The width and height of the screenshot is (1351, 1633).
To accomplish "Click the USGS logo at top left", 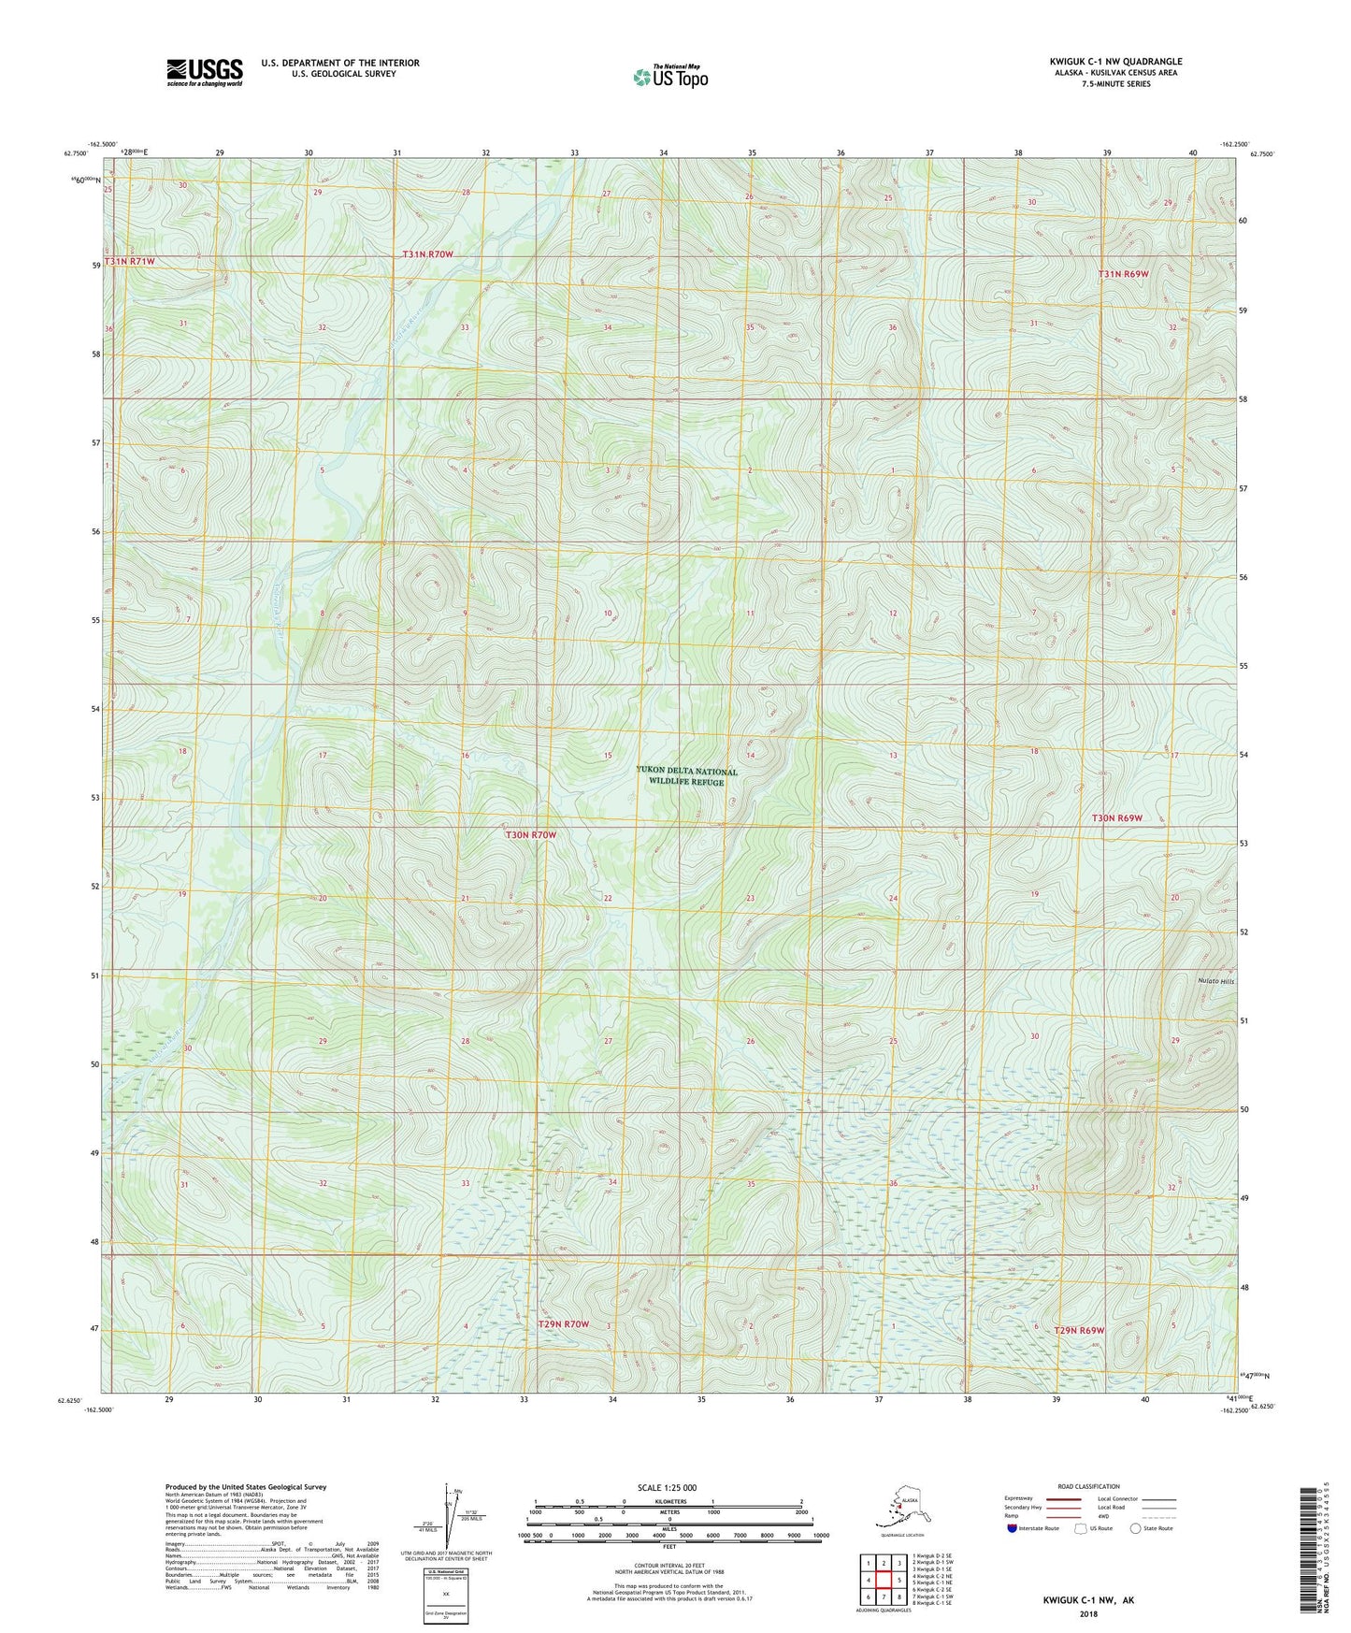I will pyautogui.click(x=205, y=72).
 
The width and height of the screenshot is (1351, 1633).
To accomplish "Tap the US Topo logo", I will pyautogui.click(x=670, y=77).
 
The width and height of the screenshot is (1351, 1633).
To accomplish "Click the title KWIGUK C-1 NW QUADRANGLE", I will pyautogui.click(x=1114, y=62).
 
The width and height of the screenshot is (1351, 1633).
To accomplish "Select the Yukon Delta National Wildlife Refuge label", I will pyautogui.click(x=686, y=776).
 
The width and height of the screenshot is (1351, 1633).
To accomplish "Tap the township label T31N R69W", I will pyautogui.click(x=1123, y=274).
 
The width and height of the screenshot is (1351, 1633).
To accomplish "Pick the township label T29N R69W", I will pyautogui.click(x=1080, y=1330).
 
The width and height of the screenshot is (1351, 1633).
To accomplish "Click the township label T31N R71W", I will pyautogui.click(x=129, y=262).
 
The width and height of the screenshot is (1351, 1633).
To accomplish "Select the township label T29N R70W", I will pyautogui.click(x=564, y=1324).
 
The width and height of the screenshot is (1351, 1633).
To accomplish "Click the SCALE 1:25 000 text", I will pyautogui.click(x=668, y=1488).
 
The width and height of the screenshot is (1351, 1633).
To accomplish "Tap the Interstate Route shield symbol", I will pyautogui.click(x=1013, y=1528).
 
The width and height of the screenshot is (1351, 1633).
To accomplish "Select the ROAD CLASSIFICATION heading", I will pyautogui.click(x=1088, y=1486).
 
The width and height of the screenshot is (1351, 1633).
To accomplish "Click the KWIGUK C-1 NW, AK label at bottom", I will pyautogui.click(x=1088, y=1600).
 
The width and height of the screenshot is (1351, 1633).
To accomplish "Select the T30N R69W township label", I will pyautogui.click(x=1117, y=818).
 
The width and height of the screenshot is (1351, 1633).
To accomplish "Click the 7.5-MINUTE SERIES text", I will pyautogui.click(x=1114, y=84).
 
